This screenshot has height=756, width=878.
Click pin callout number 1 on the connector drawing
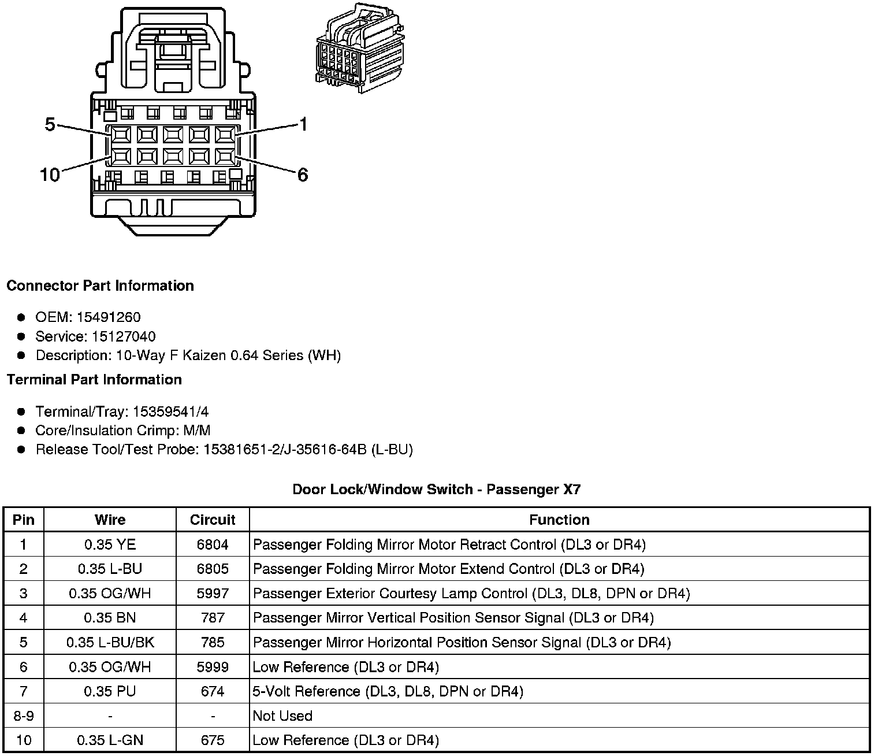click(303, 124)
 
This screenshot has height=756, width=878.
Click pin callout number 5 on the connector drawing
click(50, 124)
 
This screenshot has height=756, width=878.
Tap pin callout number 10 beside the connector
click(50, 175)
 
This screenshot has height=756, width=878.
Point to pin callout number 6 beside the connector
click(303, 175)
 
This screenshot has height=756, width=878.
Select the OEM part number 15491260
click(109, 317)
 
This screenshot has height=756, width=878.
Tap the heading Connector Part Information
click(100, 286)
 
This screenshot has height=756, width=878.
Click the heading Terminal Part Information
click(94, 379)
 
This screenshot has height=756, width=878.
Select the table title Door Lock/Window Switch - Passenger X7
click(436, 490)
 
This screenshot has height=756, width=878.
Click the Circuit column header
click(213, 520)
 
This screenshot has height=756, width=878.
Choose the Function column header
click(559, 520)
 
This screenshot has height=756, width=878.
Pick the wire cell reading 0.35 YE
click(110, 544)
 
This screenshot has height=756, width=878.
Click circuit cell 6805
click(213, 569)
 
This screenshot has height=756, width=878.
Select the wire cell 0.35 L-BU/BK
click(110, 642)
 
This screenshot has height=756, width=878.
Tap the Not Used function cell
click(282, 716)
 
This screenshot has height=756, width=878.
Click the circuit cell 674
click(213, 691)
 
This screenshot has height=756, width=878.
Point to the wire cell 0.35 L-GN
click(110, 740)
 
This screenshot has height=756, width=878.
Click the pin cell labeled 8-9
click(23, 716)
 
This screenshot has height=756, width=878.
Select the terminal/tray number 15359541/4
click(170, 412)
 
